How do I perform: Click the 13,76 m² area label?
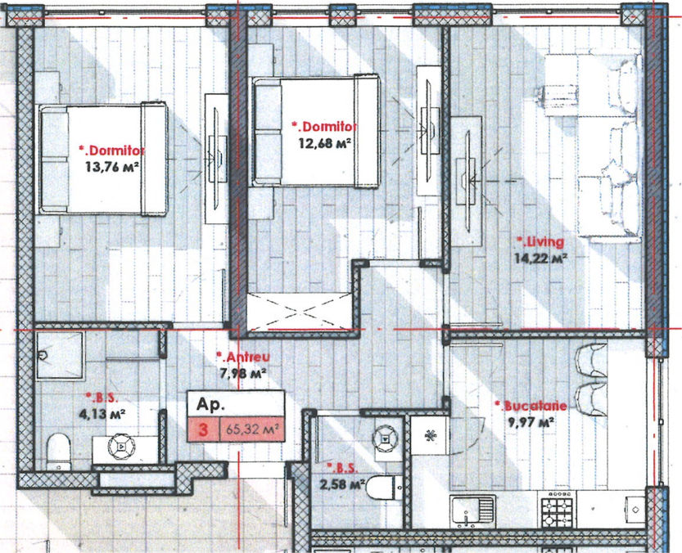(x=112, y=167)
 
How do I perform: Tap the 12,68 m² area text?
(x=325, y=142)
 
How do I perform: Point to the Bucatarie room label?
(x=535, y=406)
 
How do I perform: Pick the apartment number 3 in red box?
(x=203, y=430)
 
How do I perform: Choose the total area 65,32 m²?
(x=252, y=429)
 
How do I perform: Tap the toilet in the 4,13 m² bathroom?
(x=59, y=452)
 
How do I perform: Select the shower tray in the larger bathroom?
(x=60, y=356)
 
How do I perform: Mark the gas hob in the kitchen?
(x=557, y=509)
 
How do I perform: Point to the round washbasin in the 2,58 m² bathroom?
(x=386, y=438)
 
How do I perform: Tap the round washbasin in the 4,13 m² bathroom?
(x=121, y=447)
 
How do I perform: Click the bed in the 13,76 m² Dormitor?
(x=102, y=160)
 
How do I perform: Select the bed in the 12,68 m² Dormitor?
(x=316, y=131)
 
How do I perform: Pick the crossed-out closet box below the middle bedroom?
(x=300, y=312)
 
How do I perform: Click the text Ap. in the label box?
(x=210, y=404)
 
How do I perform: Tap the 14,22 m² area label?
(x=540, y=259)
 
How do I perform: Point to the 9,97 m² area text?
(x=531, y=422)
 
